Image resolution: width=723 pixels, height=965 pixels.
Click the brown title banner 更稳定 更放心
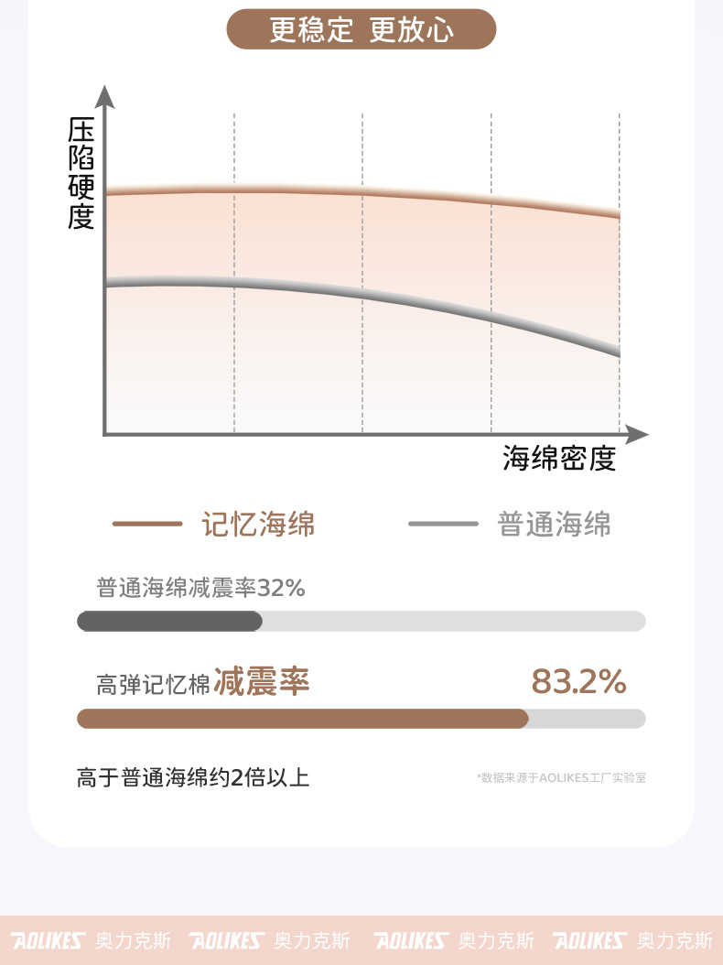click(x=361, y=29)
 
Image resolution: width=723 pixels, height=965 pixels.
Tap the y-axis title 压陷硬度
click(x=81, y=174)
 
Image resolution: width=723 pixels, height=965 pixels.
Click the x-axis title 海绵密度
click(x=558, y=458)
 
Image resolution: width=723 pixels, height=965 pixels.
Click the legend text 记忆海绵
click(x=258, y=524)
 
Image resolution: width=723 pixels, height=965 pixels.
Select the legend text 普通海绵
click(x=554, y=524)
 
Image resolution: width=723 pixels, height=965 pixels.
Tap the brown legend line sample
click(x=147, y=524)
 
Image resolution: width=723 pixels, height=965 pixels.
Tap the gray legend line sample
click(x=443, y=524)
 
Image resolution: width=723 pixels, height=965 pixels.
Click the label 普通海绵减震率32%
click(x=200, y=588)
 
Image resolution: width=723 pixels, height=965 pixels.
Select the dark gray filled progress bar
click(x=169, y=622)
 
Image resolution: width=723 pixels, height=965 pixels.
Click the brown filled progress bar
click(x=302, y=719)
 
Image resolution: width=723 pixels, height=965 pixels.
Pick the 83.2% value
click(x=578, y=682)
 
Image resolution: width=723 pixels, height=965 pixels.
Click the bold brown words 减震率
click(x=262, y=682)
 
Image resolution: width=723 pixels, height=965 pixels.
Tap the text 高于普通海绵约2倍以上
click(x=193, y=778)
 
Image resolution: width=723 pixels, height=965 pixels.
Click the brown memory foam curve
click(x=366, y=194)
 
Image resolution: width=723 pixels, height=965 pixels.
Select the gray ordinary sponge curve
click(x=366, y=294)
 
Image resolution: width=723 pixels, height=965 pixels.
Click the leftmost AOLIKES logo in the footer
click(x=48, y=940)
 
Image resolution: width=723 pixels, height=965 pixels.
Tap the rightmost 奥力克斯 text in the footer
click(x=674, y=940)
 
